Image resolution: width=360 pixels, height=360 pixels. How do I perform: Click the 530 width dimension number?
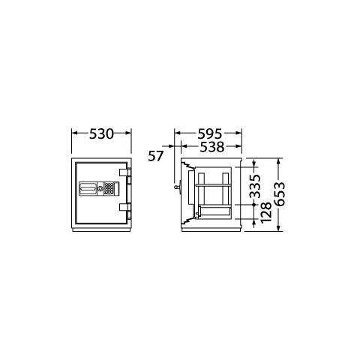101,133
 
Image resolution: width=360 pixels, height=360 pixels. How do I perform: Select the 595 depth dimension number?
209,134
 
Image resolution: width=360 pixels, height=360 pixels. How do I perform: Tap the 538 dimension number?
212,147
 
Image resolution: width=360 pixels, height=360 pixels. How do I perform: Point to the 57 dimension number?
156,156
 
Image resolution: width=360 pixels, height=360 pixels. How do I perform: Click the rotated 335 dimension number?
255,186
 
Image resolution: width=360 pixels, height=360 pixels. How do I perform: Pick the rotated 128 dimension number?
265,212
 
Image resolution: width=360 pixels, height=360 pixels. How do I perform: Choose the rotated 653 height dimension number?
279,193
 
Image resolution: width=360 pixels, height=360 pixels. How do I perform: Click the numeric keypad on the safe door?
109,188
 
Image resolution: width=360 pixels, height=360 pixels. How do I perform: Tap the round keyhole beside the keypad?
100,188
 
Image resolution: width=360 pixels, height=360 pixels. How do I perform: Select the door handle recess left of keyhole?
88,188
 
